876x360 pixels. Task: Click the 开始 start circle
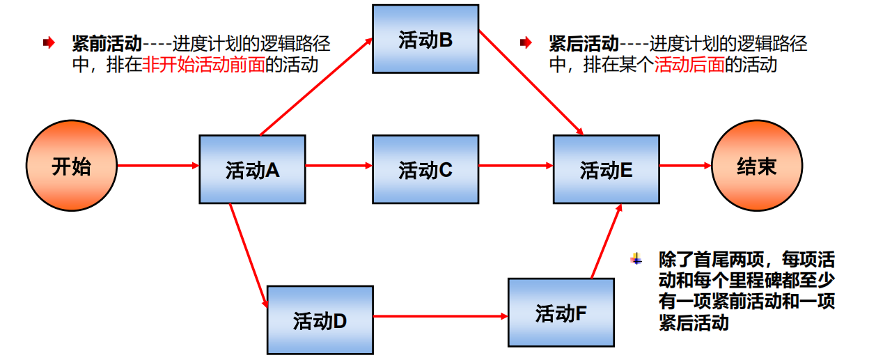tap(72, 166)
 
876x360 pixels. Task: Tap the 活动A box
tap(252, 169)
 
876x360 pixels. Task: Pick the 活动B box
tap(425, 39)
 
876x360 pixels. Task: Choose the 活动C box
tap(425, 169)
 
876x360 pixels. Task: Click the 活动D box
tap(320, 320)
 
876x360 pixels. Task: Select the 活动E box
tap(607, 169)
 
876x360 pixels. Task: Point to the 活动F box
tap(561, 313)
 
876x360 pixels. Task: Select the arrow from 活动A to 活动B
tap(318, 86)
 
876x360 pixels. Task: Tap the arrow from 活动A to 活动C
tap(338, 166)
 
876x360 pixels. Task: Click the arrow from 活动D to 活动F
tap(440, 317)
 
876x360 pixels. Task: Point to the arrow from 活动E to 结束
tap(685, 166)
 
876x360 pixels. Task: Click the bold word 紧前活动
tap(107, 45)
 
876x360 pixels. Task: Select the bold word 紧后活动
tap(584, 45)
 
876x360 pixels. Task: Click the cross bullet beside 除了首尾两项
tap(636, 260)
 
